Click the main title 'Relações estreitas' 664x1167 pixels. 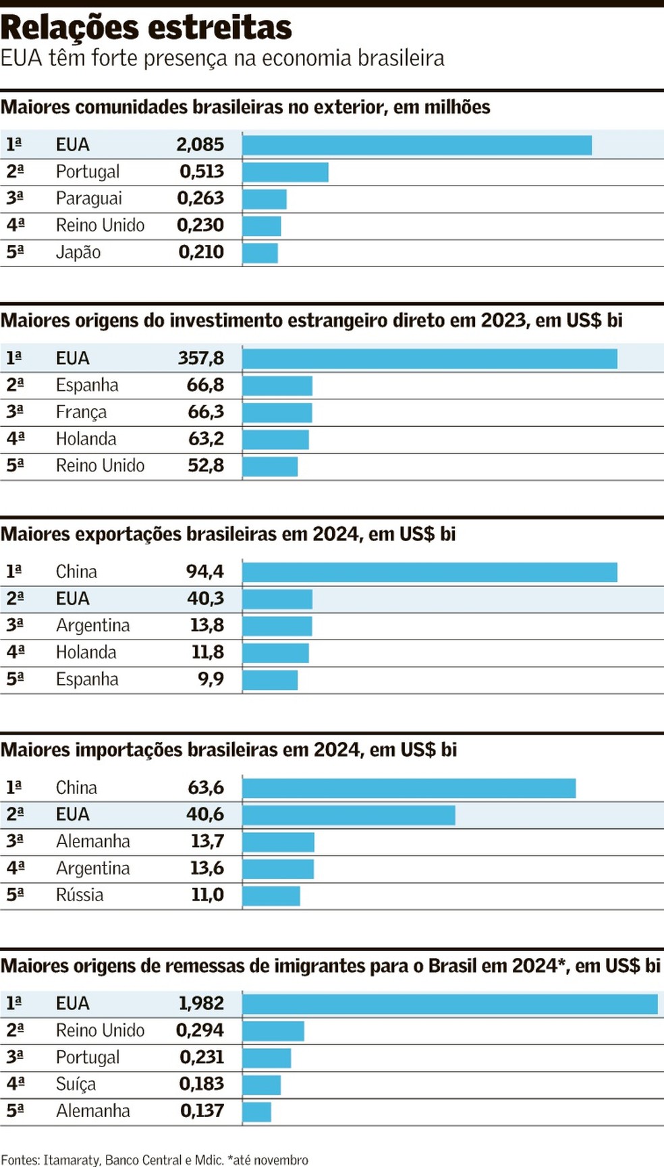pos(146,28)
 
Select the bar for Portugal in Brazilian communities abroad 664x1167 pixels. pos(285,172)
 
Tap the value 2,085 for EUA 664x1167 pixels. pos(200,144)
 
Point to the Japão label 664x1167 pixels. pos(78,252)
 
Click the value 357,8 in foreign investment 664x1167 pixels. pos(200,358)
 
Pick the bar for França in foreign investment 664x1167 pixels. pos(277,412)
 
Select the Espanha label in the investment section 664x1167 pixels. pos(87,385)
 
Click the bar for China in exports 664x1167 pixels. pos(430,572)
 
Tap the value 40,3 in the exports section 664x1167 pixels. pos(205,598)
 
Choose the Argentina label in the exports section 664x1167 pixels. pos(92,625)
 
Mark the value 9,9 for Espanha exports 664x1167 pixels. pos(211,679)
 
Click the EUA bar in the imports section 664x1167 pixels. pos(349,815)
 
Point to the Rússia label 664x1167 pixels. pos(80,895)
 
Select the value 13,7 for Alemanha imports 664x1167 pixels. pos(206,841)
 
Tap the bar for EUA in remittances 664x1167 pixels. pos(450,1004)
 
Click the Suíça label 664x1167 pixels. pos(76,1084)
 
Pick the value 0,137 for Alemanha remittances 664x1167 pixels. pos(202,1111)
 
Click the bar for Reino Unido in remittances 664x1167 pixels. pos(273,1031)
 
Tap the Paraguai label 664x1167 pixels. pos(89,198)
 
